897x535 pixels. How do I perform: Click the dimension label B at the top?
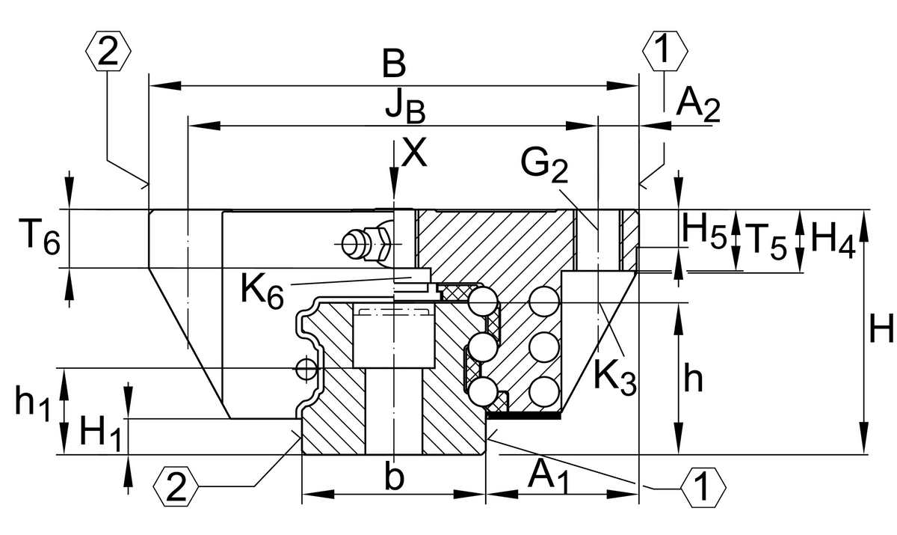394,64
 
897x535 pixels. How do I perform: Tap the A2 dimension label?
698,106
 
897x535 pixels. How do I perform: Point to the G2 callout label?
544,165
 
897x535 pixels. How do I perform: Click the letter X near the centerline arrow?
414,153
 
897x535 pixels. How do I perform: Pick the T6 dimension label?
39,239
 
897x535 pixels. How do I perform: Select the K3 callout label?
615,378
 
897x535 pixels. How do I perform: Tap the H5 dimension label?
704,232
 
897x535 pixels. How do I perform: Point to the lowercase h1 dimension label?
33,402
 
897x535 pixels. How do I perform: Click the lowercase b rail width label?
395,476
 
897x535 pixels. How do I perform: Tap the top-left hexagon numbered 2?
108,52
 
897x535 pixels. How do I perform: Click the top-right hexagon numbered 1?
665,52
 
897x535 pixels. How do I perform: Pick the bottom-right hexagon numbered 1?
703,486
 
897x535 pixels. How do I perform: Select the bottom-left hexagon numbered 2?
176,486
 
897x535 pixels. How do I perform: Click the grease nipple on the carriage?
366,245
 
